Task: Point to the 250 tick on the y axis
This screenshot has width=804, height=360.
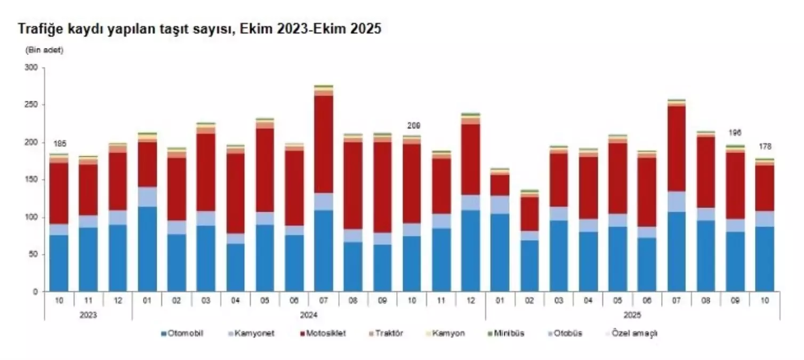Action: point(33,105)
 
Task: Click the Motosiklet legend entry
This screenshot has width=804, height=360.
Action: point(324,333)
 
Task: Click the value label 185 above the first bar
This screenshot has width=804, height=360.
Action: point(59,144)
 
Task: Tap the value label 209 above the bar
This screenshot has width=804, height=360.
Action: point(413,126)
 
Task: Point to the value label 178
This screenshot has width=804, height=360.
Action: point(765,147)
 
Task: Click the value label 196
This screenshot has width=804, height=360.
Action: point(736,133)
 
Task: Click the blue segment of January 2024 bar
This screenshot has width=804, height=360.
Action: point(147,249)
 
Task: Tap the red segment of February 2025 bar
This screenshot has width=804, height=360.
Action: point(529,214)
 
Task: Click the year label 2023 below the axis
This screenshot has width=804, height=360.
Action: point(89,315)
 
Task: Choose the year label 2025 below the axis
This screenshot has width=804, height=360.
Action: point(632,315)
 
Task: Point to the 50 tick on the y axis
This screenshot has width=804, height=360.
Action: point(35,254)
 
